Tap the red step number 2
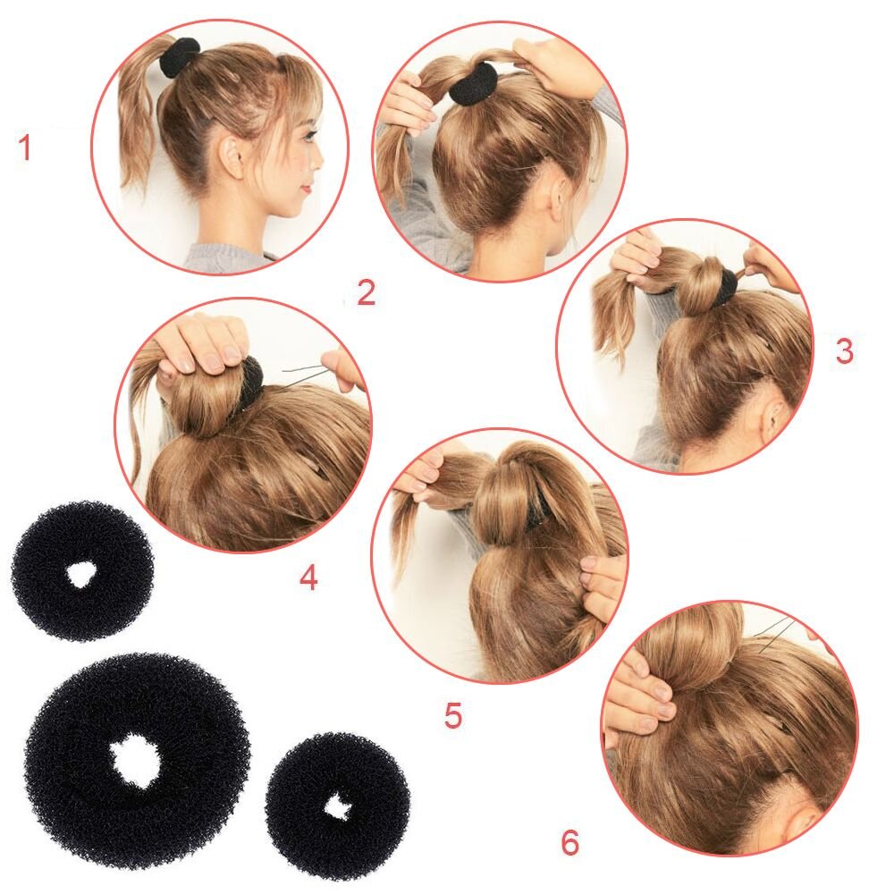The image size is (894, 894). (366, 293)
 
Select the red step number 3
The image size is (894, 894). (844, 351)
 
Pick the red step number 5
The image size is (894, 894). (453, 715)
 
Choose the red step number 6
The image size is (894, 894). (569, 841)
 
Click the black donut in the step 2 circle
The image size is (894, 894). (472, 84)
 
